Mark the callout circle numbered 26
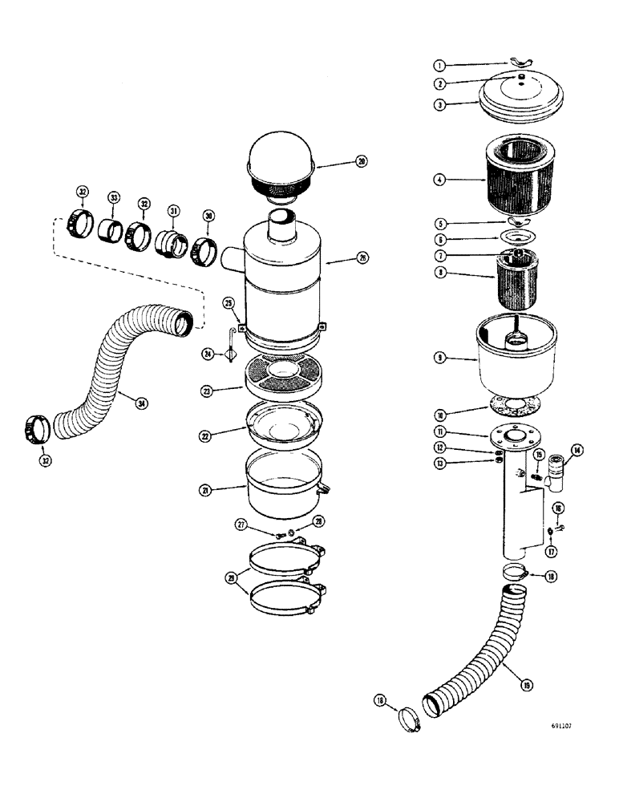pos(362,258)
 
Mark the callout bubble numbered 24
pos(208,353)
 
